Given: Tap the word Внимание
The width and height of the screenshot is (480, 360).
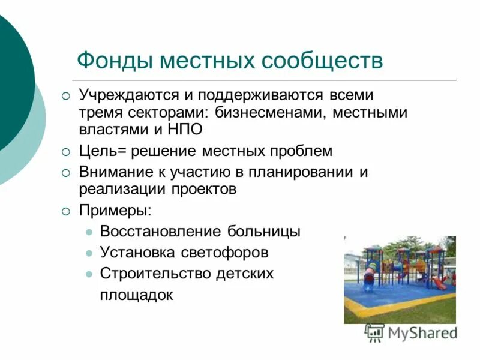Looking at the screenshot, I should coord(115,172).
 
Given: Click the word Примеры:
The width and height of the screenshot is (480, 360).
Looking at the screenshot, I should coord(116,211).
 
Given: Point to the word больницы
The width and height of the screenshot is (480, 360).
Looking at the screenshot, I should coord(263,232).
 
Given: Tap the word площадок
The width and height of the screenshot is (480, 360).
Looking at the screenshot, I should coord(137,295).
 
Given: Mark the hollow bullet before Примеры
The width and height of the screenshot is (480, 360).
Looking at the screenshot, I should coord(66,211).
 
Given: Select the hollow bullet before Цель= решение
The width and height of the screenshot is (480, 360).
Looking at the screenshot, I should coord(66,151).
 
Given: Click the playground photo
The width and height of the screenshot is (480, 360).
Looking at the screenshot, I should coord(400,280).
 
